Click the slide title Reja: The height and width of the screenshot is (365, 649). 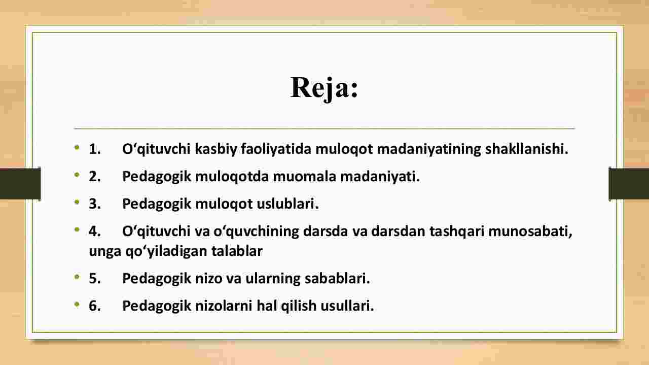(x=324, y=88)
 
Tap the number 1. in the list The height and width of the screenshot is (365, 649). (x=95, y=149)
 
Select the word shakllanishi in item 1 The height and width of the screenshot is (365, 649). (x=526, y=149)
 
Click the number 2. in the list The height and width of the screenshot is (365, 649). (x=95, y=176)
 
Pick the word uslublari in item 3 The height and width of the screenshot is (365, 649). (x=287, y=204)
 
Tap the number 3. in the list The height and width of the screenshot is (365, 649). (x=95, y=204)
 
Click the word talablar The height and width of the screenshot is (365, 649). (x=237, y=251)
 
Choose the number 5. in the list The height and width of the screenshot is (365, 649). (x=95, y=278)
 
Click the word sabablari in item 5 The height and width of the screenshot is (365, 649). (x=337, y=278)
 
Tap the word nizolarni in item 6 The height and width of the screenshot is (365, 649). (x=224, y=306)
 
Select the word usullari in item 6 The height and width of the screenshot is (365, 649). (x=347, y=306)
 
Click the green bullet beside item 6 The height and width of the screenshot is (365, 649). (x=77, y=305)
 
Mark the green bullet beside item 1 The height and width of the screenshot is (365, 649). (x=77, y=148)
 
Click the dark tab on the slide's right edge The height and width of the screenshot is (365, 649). (x=629, y=184)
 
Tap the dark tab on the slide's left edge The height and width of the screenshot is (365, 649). (x=20, y=184)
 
